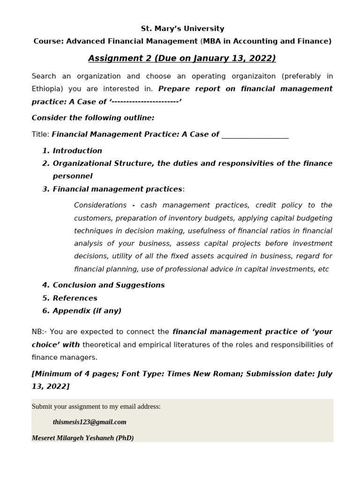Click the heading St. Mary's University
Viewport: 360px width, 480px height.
[182, 29]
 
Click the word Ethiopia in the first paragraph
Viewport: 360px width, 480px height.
[47, 89]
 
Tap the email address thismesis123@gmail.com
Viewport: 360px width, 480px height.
[90, 422]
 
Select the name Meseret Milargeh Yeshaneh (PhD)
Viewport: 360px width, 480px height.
[82, 438]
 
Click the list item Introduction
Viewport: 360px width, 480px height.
[77, 150]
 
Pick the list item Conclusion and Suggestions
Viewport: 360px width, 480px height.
[109, 285]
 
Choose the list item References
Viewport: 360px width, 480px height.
[75, 298]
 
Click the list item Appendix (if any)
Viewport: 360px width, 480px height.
[87, 311]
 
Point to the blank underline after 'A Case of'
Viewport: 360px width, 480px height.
[255, 135]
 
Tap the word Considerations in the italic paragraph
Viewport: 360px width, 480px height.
[100, 205]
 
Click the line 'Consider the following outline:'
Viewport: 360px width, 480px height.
[93, 118]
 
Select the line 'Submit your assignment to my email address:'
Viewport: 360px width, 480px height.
[96, 406]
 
